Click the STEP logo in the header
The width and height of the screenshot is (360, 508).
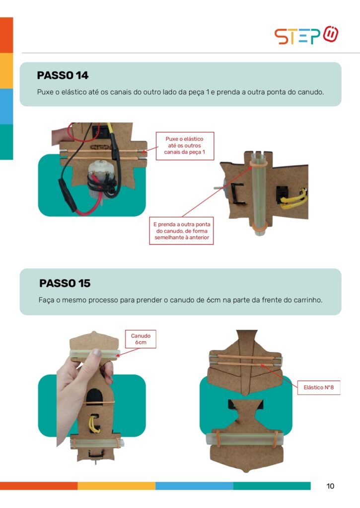(306, 35)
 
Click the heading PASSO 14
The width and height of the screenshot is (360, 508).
(63, 75)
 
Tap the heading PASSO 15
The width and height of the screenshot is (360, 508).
(65, 283)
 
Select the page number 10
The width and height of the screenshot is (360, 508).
(330, 486)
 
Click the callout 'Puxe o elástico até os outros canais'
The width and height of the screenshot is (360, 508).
(185, 146)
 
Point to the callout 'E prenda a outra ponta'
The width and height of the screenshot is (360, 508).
(182, 231)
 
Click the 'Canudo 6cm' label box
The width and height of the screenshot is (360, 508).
(141, 339)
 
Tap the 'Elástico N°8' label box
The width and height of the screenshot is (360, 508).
(319, 387)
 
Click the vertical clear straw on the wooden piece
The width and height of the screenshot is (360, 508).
(259, 194)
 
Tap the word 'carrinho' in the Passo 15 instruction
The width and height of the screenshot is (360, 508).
(307, 300)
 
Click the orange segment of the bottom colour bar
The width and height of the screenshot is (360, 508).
(39, 486)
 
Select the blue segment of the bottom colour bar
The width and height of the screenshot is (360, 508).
(194, 486)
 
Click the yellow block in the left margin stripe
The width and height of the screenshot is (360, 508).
(6, 70)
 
